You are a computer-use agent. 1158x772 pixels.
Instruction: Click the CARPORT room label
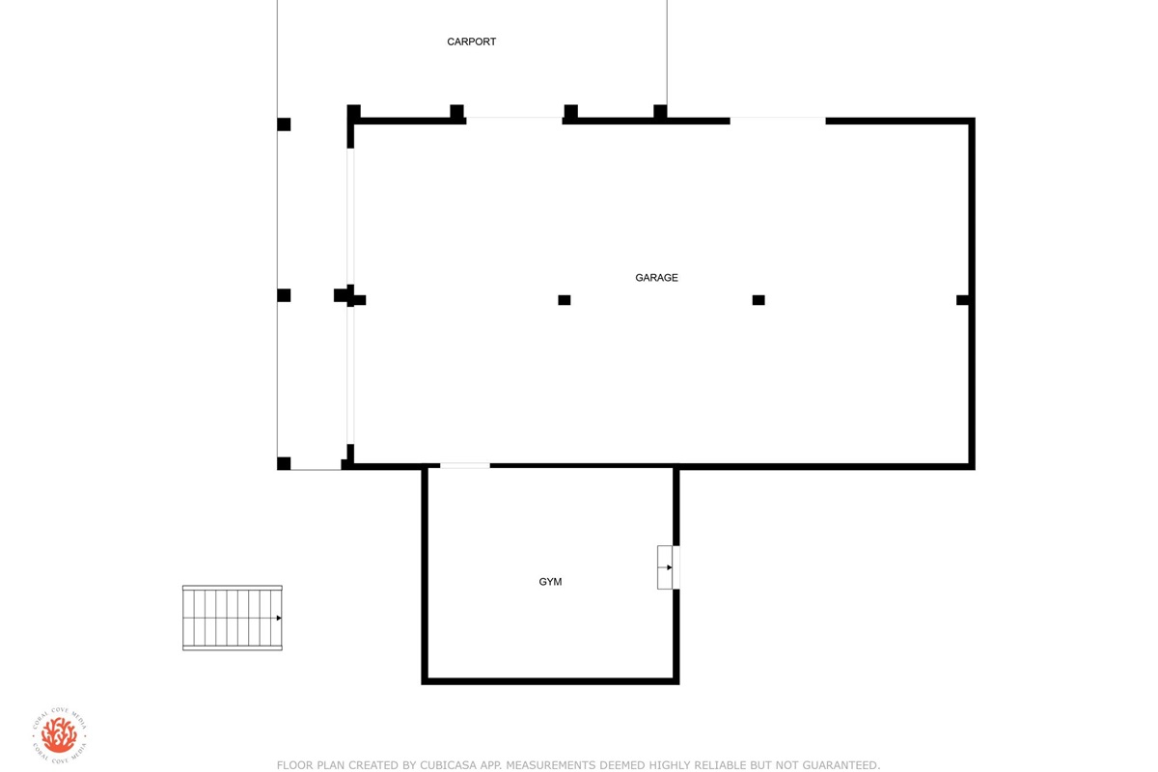pos(471,41)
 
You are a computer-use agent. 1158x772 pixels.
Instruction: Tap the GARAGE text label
pos(656,278)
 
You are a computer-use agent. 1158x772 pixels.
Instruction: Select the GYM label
pos(550,582)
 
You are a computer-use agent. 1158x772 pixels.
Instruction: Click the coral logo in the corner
pos(59,734)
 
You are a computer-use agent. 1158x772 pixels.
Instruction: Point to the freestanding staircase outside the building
pos(233,618)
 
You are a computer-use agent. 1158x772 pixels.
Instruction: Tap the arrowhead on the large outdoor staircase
pos(279,618)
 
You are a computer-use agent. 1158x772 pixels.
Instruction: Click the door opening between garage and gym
pos(465,466)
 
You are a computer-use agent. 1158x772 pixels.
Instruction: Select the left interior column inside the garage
pos(564,300)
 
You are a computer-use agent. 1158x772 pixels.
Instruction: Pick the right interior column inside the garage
pos(758,300)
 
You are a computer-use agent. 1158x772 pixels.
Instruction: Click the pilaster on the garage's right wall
pos(962,300)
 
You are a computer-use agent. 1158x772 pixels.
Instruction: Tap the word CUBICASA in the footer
pos(445,764)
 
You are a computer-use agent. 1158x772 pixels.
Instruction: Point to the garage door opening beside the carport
pos(513,121)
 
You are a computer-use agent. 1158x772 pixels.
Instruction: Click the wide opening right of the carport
pos(778,121)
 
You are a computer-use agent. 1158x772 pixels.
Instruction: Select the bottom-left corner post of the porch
pos(284,463)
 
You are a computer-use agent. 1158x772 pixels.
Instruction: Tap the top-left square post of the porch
pos(284,124)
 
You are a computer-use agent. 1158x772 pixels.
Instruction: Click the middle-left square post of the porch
pos(284,295)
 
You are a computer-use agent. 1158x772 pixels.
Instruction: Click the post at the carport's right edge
pos(660,111)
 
